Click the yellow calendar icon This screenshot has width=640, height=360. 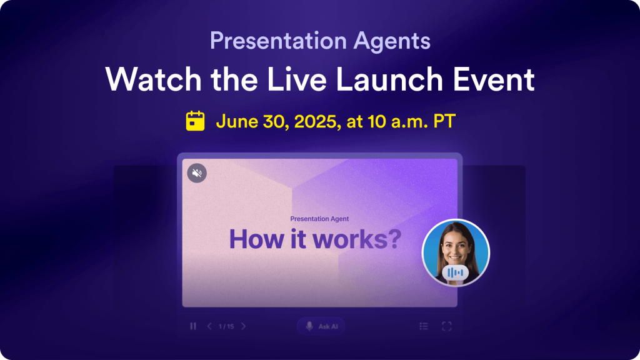[196, 121]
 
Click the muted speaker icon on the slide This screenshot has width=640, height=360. [197, 173]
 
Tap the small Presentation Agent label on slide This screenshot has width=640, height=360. [319, 219]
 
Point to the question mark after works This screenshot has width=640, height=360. [392, 239]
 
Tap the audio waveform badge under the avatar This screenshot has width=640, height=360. [455, 272]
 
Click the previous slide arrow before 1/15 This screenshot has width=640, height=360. [209, 326]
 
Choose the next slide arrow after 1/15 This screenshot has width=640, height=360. [244, 326]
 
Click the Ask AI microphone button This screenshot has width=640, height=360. [320, 326]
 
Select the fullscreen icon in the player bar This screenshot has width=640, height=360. [447, 326]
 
